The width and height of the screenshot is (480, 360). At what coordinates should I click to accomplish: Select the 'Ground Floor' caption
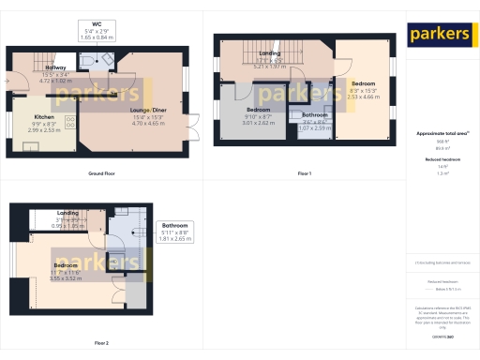point(101,173)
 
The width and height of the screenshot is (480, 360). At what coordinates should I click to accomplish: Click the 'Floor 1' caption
point(304,173)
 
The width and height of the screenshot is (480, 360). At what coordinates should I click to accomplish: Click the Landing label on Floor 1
point(270,54)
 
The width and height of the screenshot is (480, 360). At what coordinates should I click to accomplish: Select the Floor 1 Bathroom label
point(314,115)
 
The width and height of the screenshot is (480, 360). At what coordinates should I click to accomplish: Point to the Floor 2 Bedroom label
point(66,265)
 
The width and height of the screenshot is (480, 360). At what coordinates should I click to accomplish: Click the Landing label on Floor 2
point(67,213)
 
